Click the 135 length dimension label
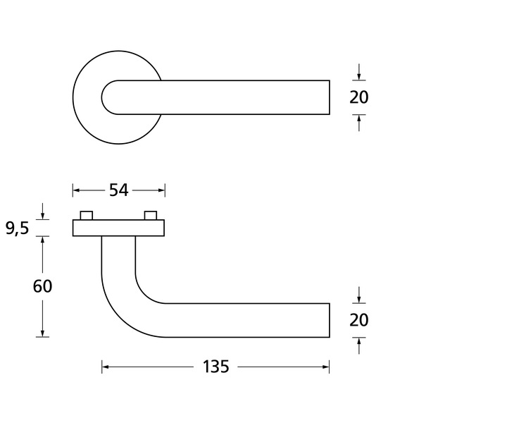coord(215,367)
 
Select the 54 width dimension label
coord(119,190)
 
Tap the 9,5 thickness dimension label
coord(17,228)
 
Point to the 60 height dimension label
coord(42,286)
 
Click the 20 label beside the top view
coord(359,97)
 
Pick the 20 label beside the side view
coord(359,320)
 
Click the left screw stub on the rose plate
coord(87,216)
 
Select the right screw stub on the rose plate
coord(151,216)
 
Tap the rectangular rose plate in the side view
coord(118,228)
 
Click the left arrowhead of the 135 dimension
coord(105,367)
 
